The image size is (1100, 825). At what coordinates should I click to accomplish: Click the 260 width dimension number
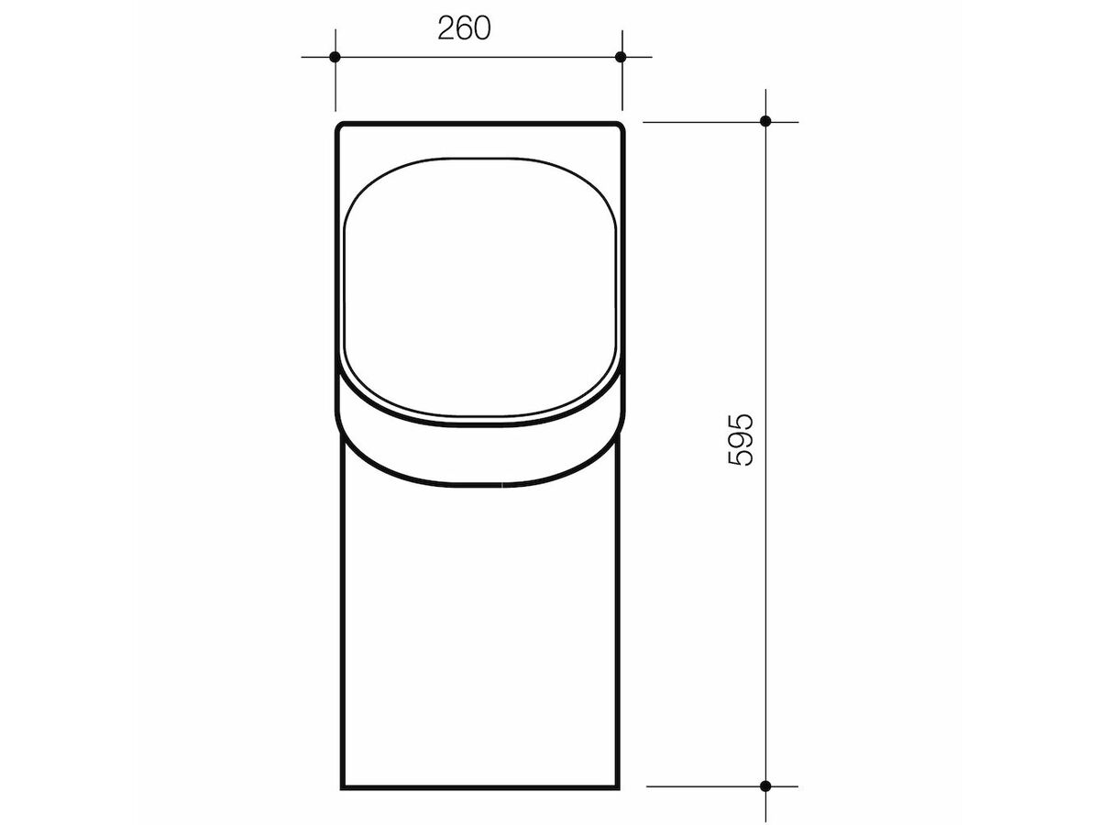(x=464, y=28)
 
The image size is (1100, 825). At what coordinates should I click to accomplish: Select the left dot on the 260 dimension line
(x=335, y=57)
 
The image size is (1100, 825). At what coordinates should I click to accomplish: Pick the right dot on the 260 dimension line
(x=621, y=57)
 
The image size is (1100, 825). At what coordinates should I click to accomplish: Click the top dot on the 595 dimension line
(x=765, y=121)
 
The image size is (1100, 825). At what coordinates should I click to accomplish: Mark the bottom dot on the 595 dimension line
(x=765, y=786)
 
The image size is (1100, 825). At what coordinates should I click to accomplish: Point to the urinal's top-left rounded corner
(x=340, y=126)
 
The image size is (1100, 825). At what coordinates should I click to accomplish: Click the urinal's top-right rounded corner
(x=620, y=126)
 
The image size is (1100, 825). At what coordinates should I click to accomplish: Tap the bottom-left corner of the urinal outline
(x=342, y=786)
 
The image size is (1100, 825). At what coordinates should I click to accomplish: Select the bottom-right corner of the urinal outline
(x=618, y=786)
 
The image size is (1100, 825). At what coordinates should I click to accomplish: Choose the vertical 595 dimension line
(x=765, y=275)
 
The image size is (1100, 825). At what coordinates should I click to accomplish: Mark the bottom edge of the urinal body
(x=480, y=786)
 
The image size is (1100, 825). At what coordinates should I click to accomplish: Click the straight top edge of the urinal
(x=480, y=123)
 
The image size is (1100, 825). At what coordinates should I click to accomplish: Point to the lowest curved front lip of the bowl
(x=480, y=483)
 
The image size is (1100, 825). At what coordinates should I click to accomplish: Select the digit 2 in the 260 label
(x=445, y=28)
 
